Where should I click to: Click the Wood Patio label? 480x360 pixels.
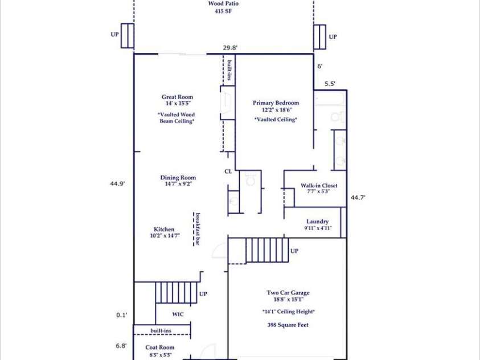coord(223,3)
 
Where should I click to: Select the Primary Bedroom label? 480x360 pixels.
coord(276,103)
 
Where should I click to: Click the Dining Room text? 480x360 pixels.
coord(178,178)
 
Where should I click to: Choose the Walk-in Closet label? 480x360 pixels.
coord(319,186)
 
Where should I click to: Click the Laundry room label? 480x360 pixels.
coord(317,222)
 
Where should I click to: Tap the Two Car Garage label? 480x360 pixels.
coord(288,293)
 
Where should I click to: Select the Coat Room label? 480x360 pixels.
coord(159,347)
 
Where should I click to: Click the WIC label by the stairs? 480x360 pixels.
coord(178,314)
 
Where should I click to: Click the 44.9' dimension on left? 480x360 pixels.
coord(118,183)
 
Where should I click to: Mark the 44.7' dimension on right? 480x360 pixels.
coord(358,198)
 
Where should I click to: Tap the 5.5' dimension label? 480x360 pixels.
coord(330,84)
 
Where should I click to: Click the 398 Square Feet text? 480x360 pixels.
coord(288,325)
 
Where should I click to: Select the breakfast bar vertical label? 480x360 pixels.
coord(197,228)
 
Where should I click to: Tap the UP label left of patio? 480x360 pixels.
coord(115,35)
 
